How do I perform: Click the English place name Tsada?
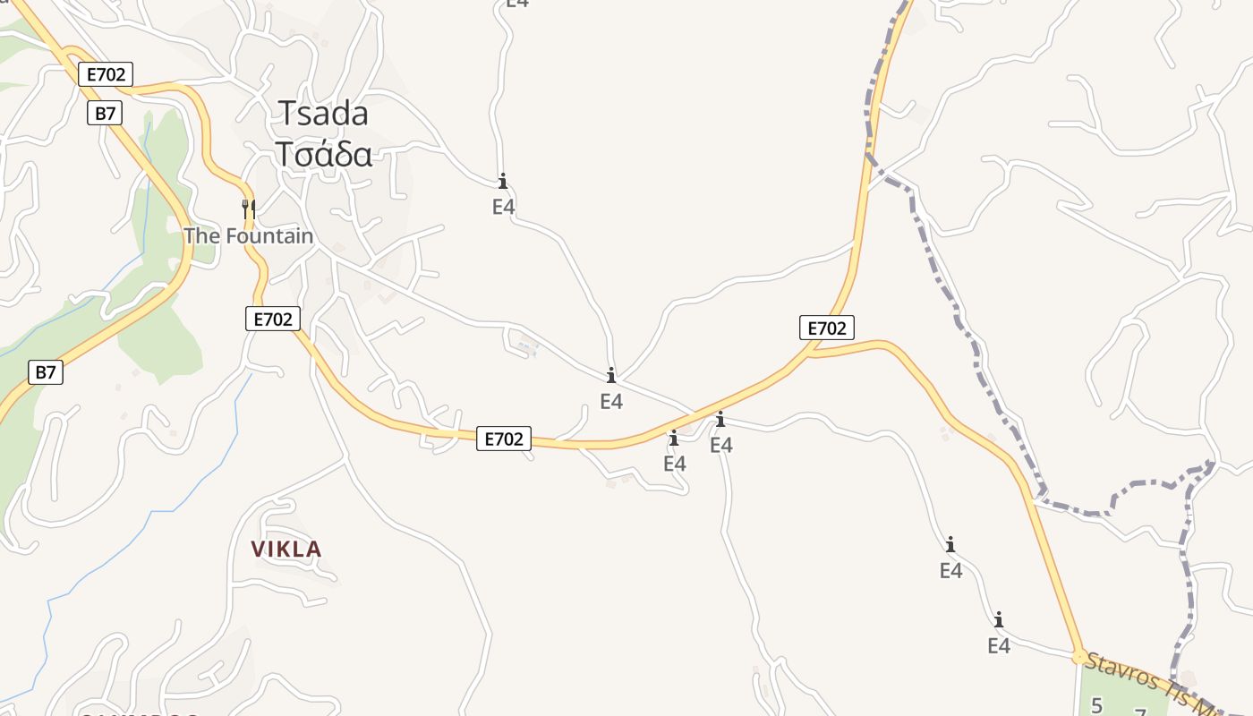point(323,114)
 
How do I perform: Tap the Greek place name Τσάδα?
point(323,154)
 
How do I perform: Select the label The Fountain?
point(249,236)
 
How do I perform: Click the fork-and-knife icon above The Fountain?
point(249,209)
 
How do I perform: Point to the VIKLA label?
point(286,550)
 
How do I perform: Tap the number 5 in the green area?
point(1096,705)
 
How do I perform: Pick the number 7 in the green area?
point(1140,712)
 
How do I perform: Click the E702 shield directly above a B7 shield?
point(106,74)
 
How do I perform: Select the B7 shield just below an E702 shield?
point(106,113)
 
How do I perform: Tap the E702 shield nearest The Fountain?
point(273,318)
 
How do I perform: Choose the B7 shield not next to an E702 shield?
point(46,372)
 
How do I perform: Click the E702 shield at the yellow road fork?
point(826,328)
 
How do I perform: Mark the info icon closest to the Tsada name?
point(503,182)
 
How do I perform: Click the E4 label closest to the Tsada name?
point(504,207)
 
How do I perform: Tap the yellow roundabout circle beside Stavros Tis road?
point(1079,657)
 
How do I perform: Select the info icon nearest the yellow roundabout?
point(999,619)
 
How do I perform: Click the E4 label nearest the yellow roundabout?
point(999,645)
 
